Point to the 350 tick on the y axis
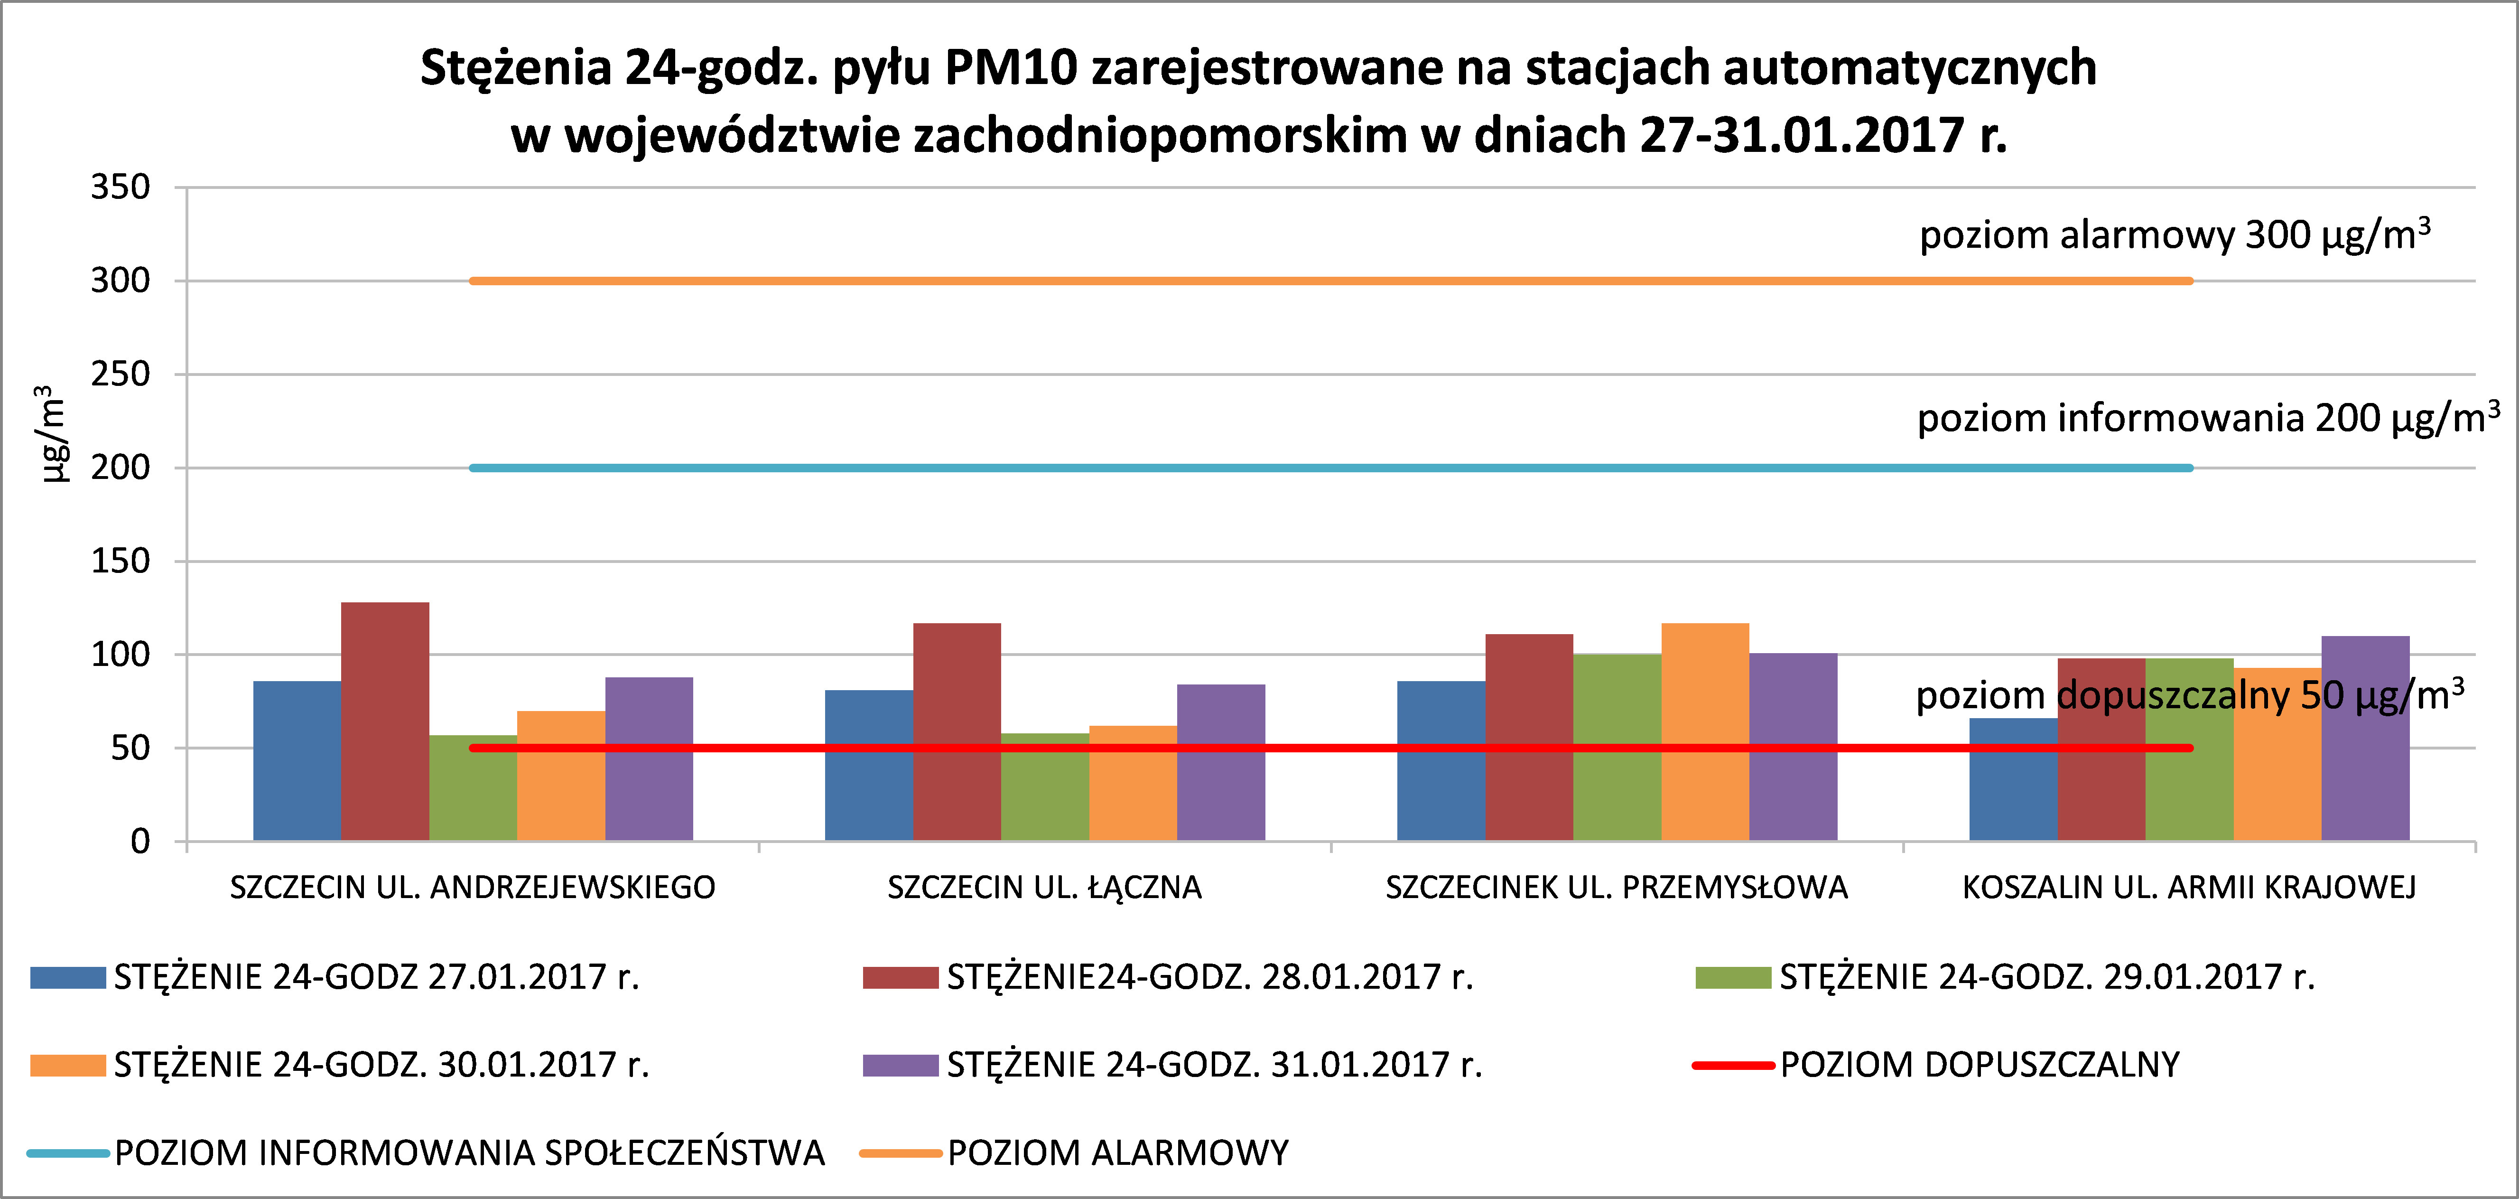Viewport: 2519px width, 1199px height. (x=120, y=187)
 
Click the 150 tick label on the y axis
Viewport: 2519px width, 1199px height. (x=120, y=562)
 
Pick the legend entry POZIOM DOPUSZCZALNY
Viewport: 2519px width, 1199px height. (x=1979, y=1064)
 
